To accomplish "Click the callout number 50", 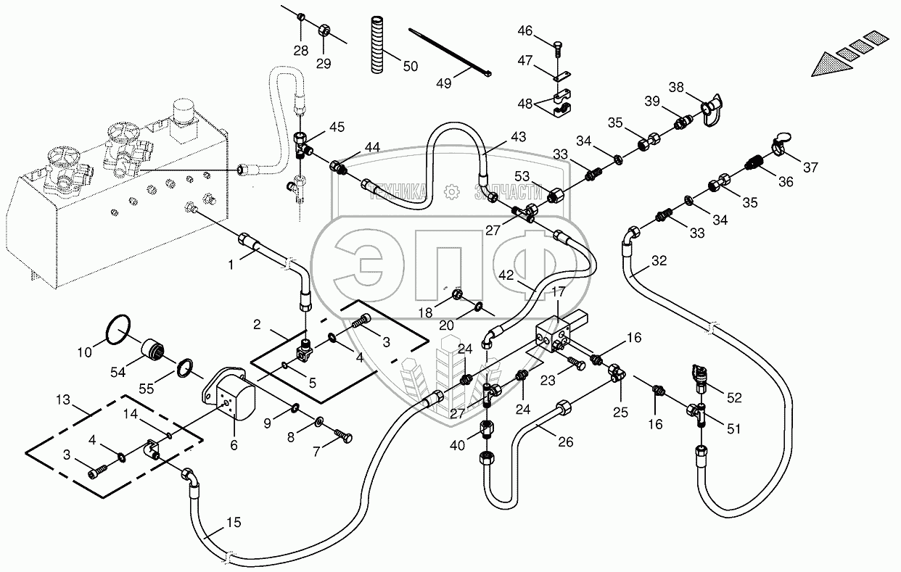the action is [411, 66].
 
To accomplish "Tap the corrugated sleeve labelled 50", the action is [378, 44].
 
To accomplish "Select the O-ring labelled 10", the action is [118, 330].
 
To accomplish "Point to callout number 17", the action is [559, 292].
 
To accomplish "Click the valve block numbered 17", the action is [561, 333].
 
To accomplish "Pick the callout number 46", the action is [525, 30].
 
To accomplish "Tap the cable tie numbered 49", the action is [449, 52].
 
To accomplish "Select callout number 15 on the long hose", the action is [234, 522].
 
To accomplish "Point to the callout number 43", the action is [518, 137].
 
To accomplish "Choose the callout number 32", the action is [659, 261].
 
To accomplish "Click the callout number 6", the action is [234, 445].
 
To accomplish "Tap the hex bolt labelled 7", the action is [342, 436].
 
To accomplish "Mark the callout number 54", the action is [118, 372].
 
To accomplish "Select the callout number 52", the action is [734, 397].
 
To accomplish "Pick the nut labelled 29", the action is [324, 30].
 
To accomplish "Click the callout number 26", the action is [566, 442].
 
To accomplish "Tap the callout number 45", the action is [337, 127].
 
